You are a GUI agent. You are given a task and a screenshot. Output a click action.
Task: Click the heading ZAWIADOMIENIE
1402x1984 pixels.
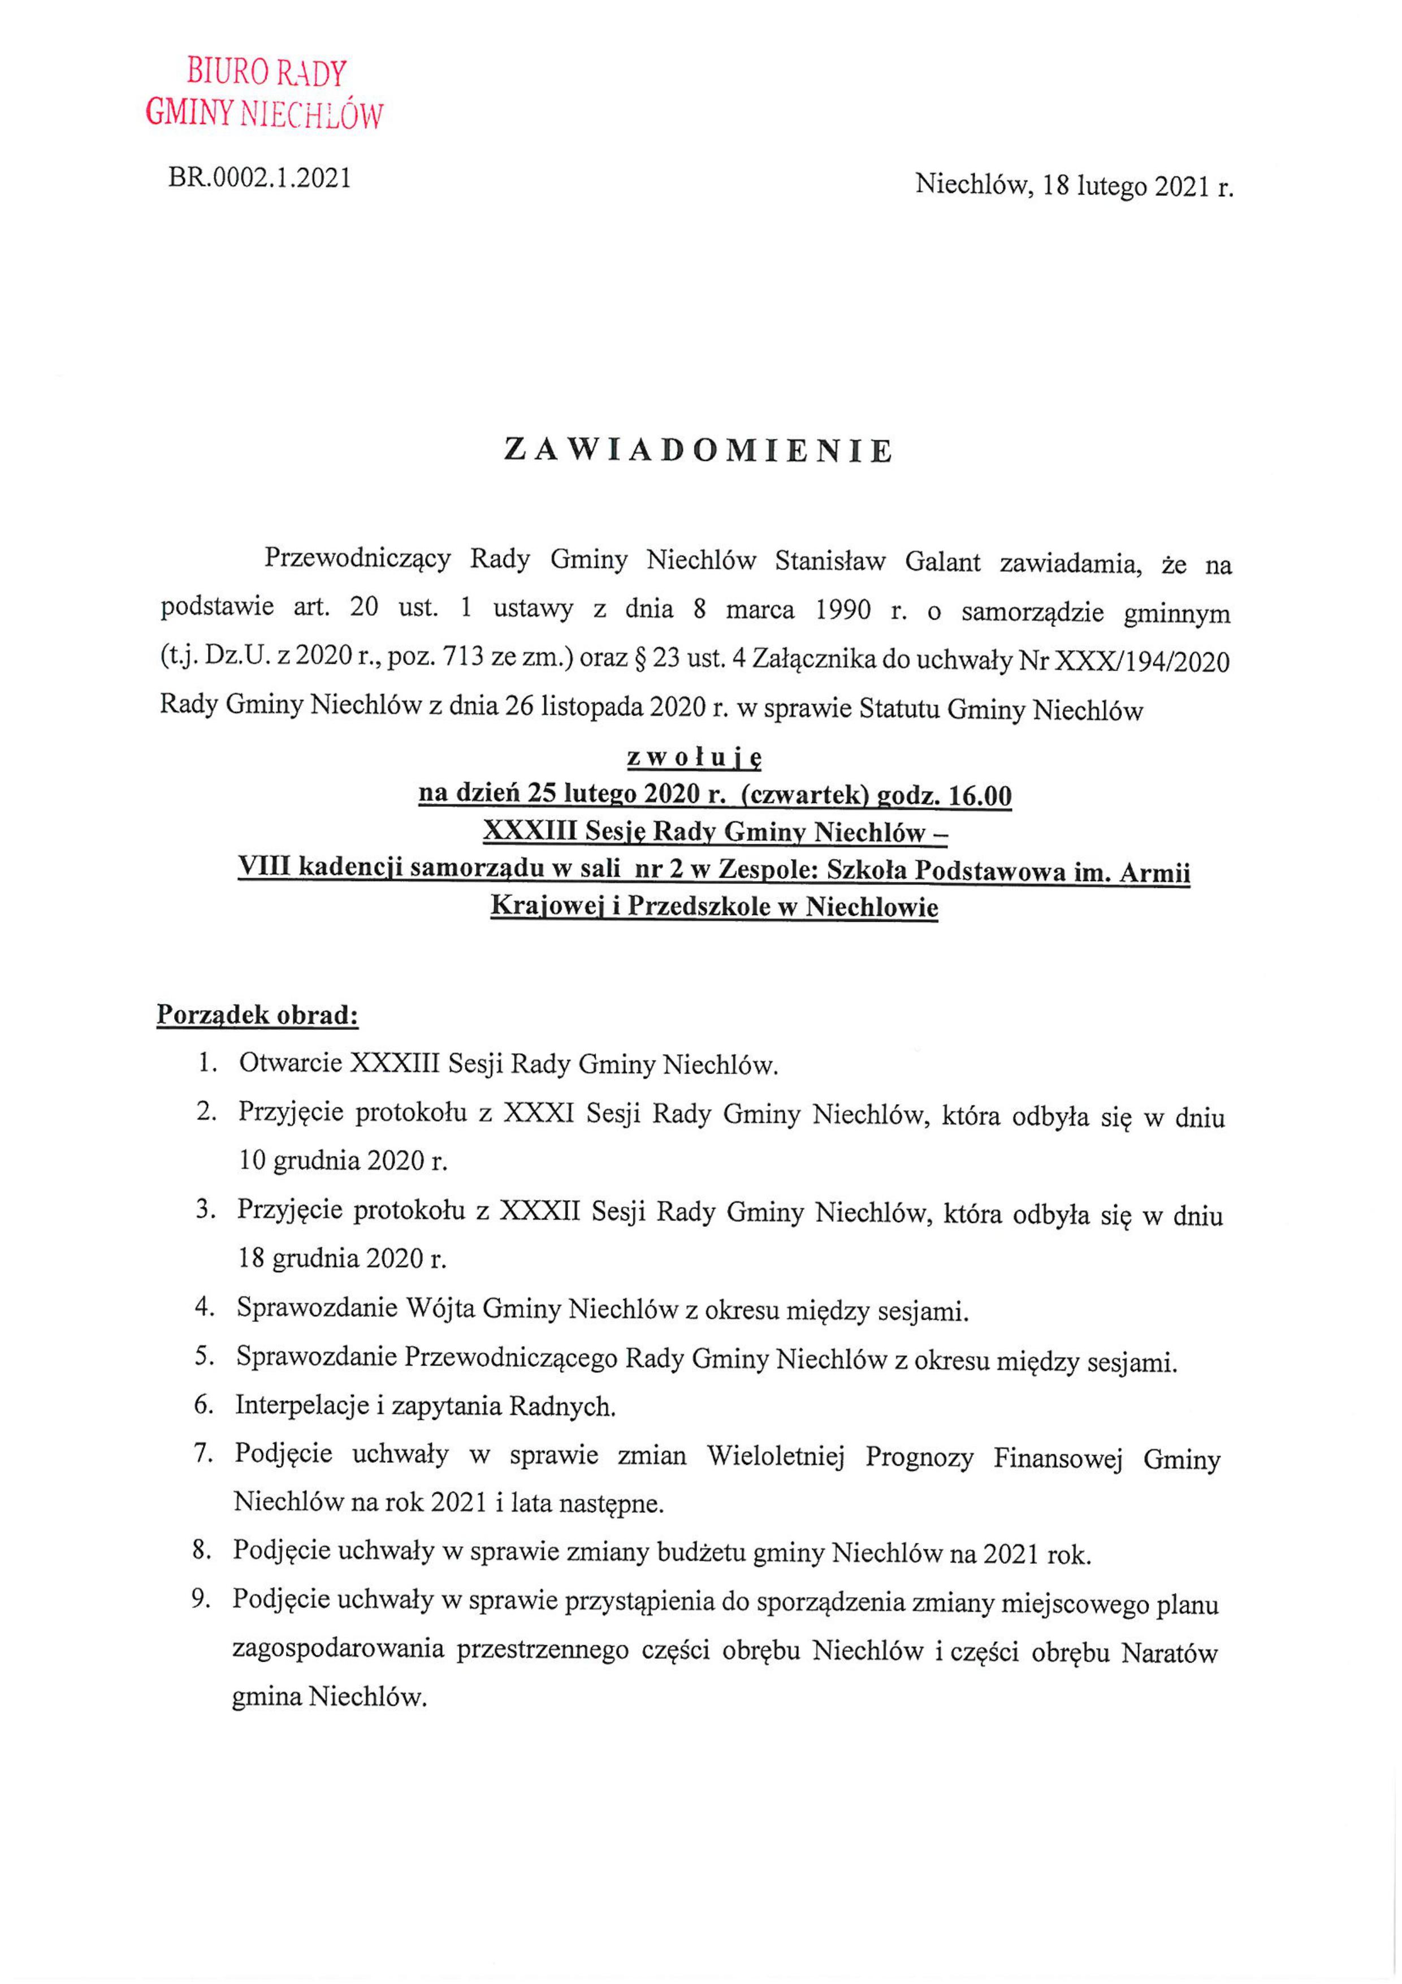click(x=699, y=451)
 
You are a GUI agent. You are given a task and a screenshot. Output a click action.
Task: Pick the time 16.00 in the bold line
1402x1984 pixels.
click(x=980, y=796)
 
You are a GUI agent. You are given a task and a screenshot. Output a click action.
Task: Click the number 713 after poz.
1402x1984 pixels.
click(x=462, y=663)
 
